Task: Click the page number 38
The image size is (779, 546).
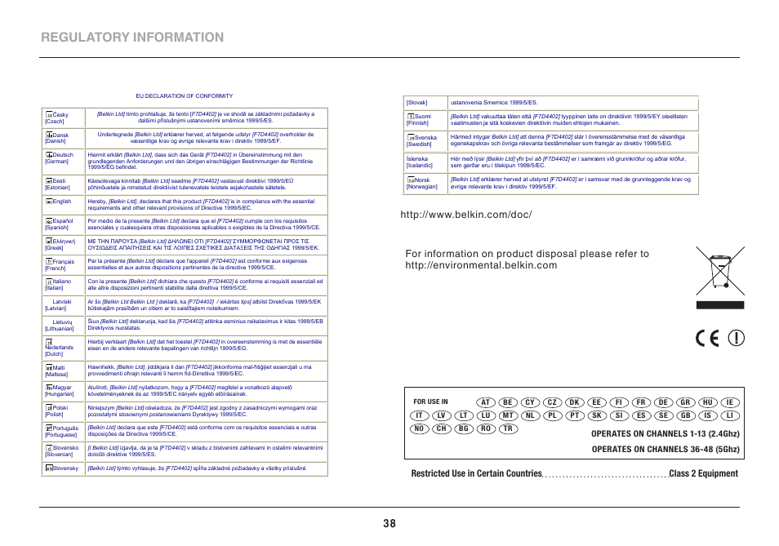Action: coord(389,524)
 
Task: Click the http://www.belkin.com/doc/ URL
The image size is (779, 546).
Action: coord(466,215)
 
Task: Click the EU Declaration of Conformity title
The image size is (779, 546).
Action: coord(184,95)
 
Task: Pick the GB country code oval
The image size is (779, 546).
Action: coord(685,415)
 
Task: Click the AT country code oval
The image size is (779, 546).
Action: coord(486,402)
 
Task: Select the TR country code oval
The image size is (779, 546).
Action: coord(508,428)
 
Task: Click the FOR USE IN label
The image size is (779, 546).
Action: coord(430,402)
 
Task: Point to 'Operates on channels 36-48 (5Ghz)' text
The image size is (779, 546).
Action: coord(665,449)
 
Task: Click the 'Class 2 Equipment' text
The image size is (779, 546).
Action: coord(702,473)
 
